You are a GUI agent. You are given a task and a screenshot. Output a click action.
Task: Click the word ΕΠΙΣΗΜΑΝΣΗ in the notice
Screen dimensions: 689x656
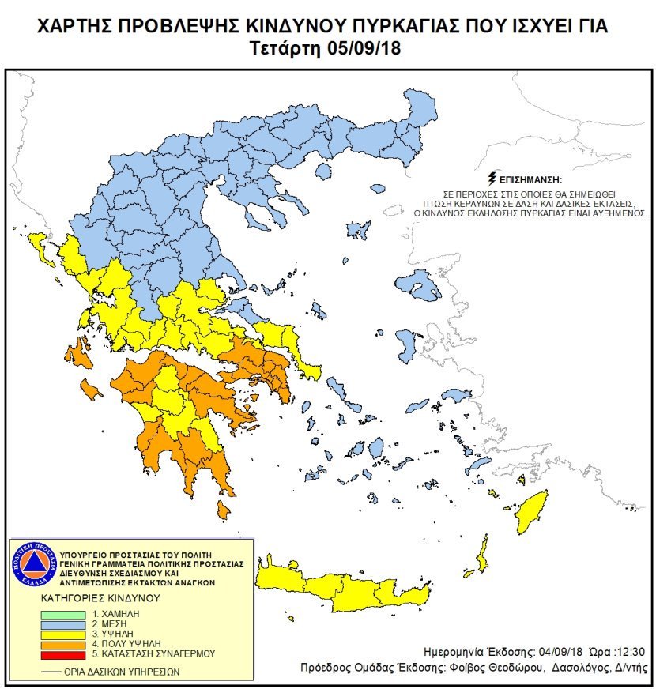[x=534, y=179]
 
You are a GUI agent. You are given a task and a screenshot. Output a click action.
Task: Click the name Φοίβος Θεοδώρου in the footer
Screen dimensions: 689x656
[x=503, y=668]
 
